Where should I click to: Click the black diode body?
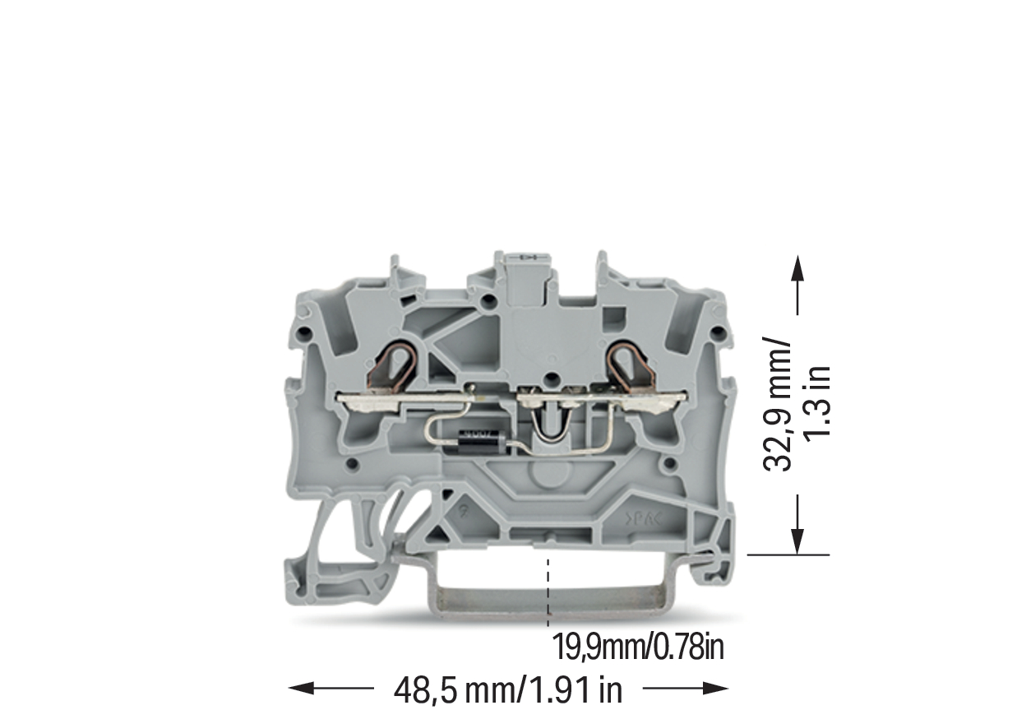click(482, 439)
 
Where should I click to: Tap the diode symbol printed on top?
click(529, 258)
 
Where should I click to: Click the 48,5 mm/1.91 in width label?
click(507, 690)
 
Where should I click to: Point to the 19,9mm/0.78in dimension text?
click(638, 647)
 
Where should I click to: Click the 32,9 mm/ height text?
click(777, 403)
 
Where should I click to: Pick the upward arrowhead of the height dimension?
click(797, 269)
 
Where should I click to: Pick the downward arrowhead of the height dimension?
click(797, 541)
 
